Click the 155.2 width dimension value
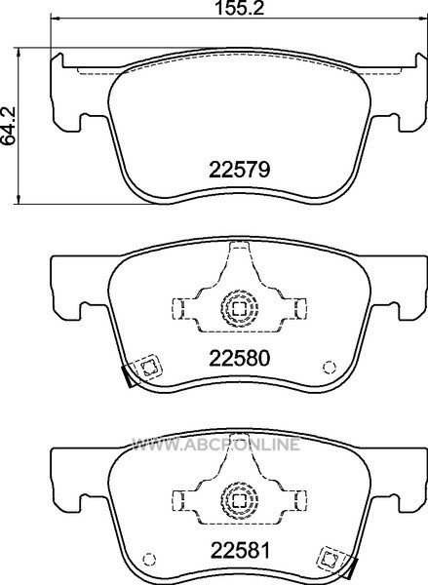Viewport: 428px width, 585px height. click(240, 8)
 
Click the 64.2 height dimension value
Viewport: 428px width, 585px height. click(8, 126)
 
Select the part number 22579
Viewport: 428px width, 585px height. click(239, 170)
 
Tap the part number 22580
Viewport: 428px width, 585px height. click(239, 359)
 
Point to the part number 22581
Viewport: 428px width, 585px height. click(240, 550)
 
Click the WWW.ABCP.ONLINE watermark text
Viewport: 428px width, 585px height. click(216, 444)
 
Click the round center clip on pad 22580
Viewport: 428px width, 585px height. click(240, 308)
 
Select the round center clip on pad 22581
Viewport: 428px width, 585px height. click(240, 499)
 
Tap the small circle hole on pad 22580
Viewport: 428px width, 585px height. click(330, 368)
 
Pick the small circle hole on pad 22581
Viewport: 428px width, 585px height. click(149, 559)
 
